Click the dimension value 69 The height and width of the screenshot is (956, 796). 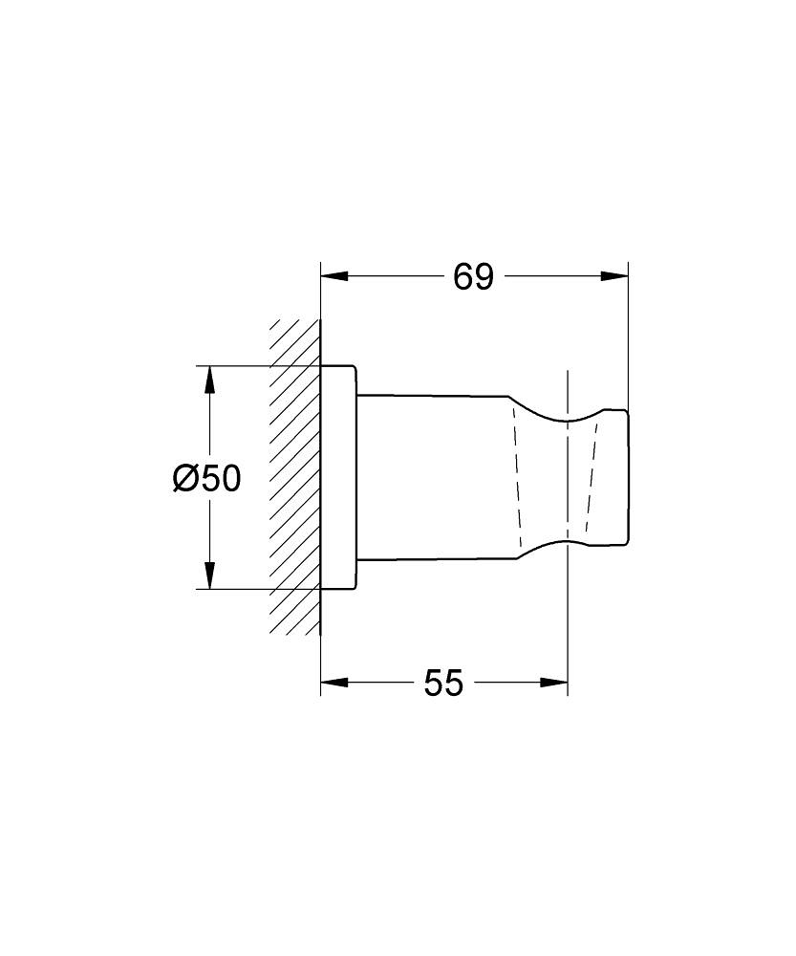[473, 277]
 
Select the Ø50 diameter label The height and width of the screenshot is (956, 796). [206, 477]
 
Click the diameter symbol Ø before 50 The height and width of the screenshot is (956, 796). [185, 477]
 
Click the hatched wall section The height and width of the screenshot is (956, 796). [294, 477]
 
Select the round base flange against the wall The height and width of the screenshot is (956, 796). [338, 477]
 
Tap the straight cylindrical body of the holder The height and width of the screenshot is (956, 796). [435, 477]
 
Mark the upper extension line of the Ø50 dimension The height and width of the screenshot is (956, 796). [258, 365]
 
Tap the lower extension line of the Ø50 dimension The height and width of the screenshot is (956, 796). [258, 589]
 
